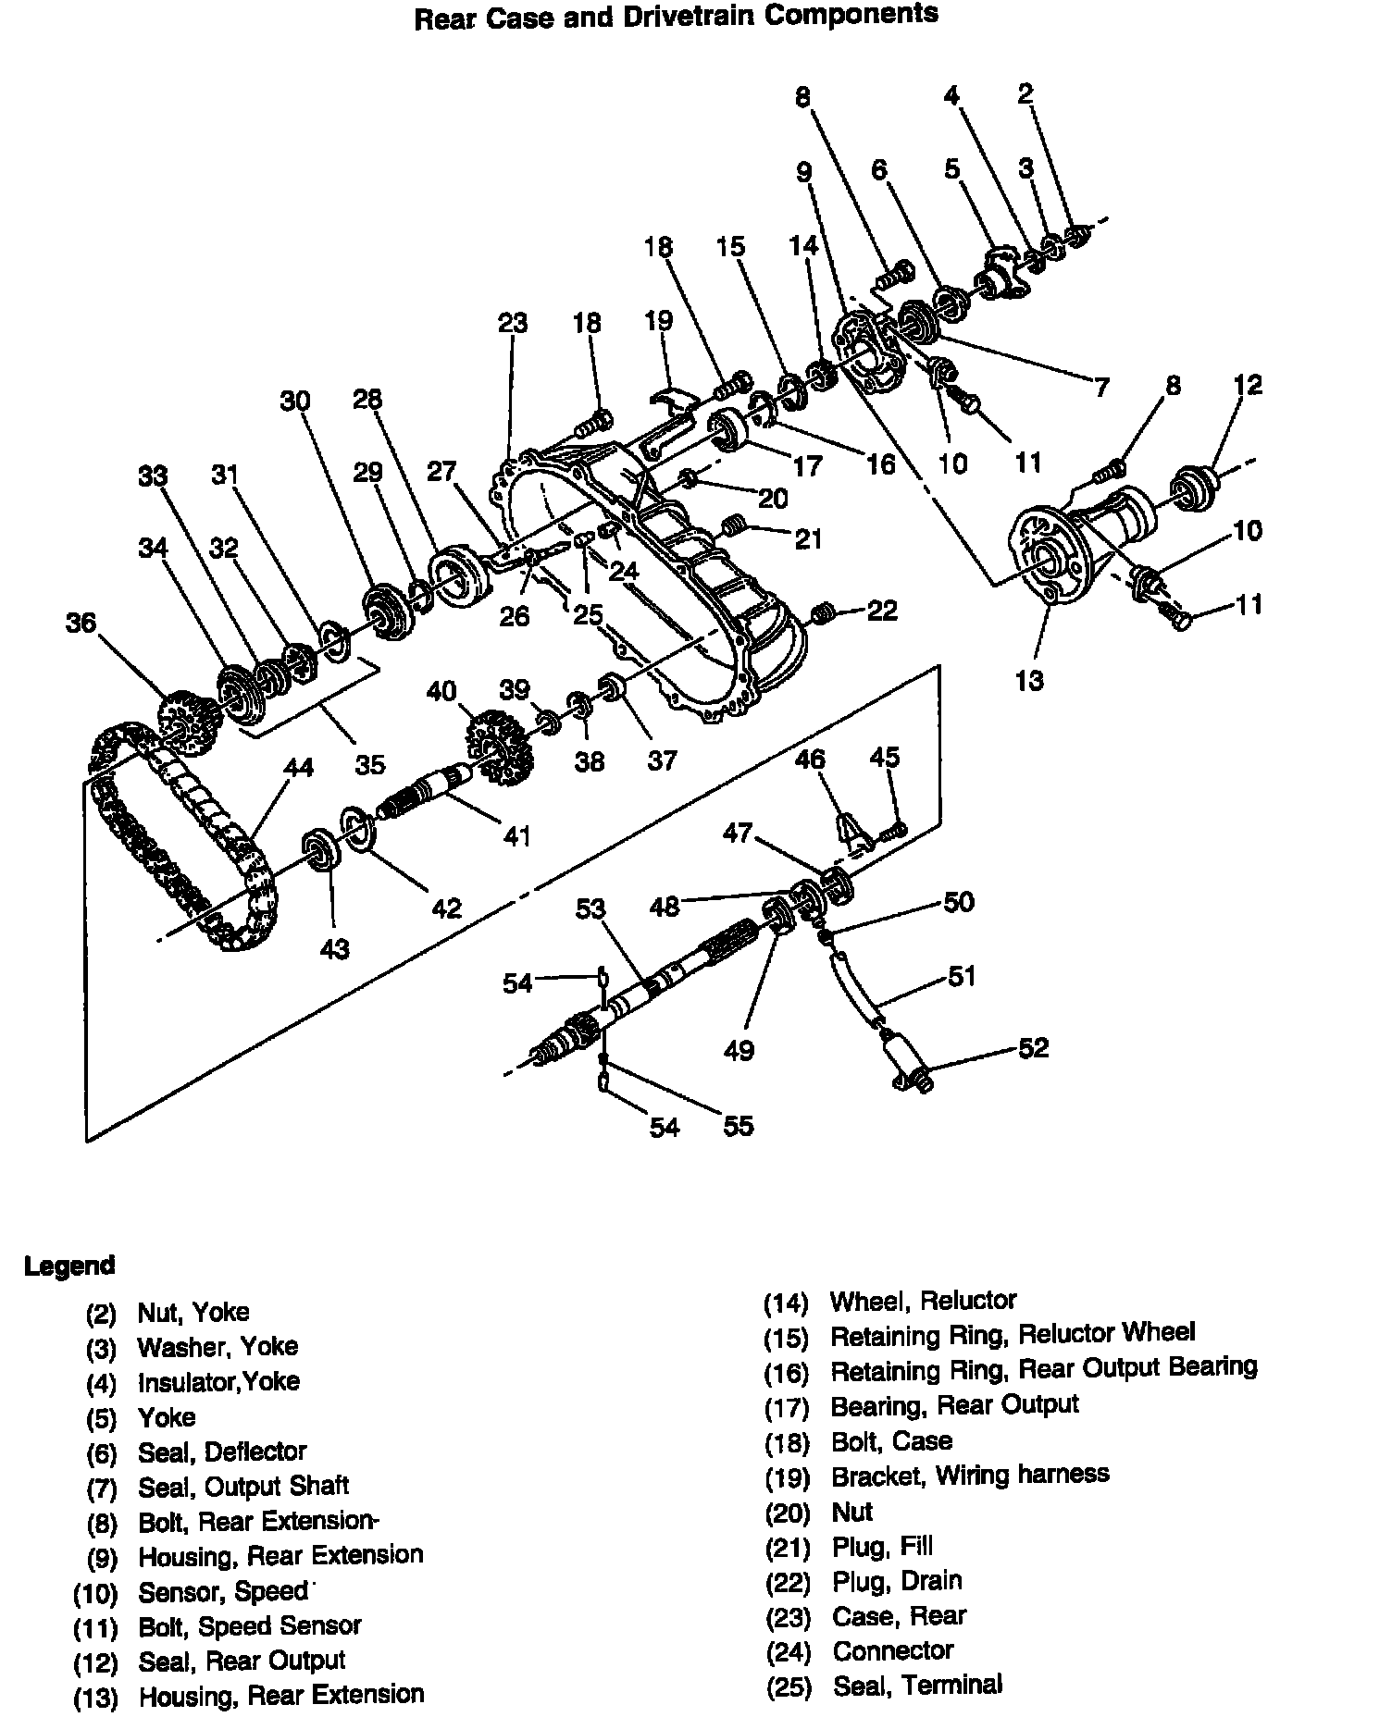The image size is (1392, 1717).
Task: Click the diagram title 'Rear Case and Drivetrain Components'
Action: (x=676, y=17)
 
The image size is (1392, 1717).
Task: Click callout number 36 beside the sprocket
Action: (x=81, y=622)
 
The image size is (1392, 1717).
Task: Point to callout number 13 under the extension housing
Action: (x=1028, y=681)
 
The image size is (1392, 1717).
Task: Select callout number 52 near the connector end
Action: (x=1033, y=1047)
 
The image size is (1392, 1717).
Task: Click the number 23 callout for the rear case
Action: (x=512, y=322)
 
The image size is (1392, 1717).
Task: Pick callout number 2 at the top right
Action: (x=1025, y=93)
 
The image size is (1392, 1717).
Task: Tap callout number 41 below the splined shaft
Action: (x=516, y=835)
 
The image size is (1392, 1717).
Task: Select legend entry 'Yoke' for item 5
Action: (x=167, y=1416)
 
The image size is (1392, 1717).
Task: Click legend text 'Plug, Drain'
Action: (x=897, y=1580)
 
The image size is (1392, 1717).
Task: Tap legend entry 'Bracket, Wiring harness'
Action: (x=969, y=1475)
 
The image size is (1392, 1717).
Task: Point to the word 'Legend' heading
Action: (x=69, y=1266)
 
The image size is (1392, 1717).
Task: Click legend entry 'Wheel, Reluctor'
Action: (x=923, y=1301)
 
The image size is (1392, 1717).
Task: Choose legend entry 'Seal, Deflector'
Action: (x=222, y=1451)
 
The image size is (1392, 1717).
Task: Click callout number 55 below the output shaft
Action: (x=738, y=1125)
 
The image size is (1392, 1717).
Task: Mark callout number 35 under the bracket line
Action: (x=370, y=764)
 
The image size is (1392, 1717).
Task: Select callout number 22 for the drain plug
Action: (x=882, y=611)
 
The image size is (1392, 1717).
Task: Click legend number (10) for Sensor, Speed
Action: (x=95, y=1594)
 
